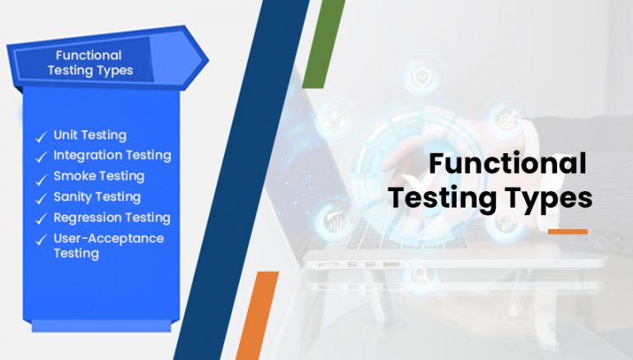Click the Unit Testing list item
(90, 135)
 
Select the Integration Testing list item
(112, 155)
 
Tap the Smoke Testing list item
(99, 176)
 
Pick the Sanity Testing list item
(97, 197)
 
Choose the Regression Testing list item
(112, 217)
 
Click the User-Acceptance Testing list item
(109, 245)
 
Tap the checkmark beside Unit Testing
(40, 137)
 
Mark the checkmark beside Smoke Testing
(40, 178)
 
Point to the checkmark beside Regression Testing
(40, 219)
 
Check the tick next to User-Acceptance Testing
(40, 241)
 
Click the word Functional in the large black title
(508, 164)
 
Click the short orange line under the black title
(567, 231)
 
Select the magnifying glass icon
(420, 273)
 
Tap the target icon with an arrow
(505, 120)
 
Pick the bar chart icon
(335, 221)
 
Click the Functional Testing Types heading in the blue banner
(90, 63)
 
